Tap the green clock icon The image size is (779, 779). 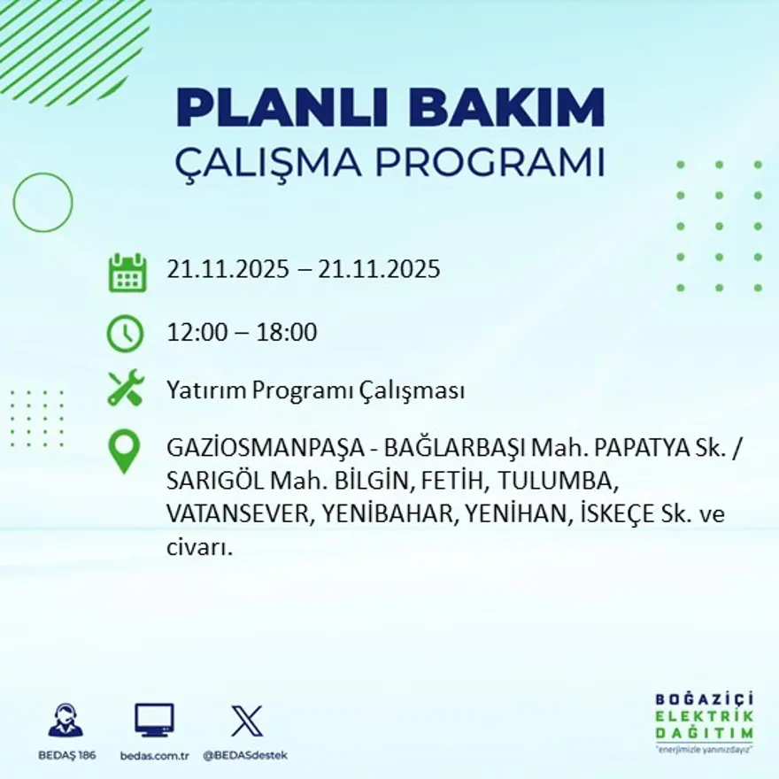click(x=125, y=334)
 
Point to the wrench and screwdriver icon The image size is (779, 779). click(x=126, y=389)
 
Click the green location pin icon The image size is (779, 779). click(x=124, y=451)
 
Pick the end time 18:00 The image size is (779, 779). click(x=287, y=333)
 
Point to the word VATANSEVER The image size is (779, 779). click(x=235, y=514)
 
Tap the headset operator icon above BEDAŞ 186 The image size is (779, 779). click(x=66, y=721)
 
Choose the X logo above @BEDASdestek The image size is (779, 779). click(x=246, y=721)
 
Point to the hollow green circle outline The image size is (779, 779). click(x=42, y=203)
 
